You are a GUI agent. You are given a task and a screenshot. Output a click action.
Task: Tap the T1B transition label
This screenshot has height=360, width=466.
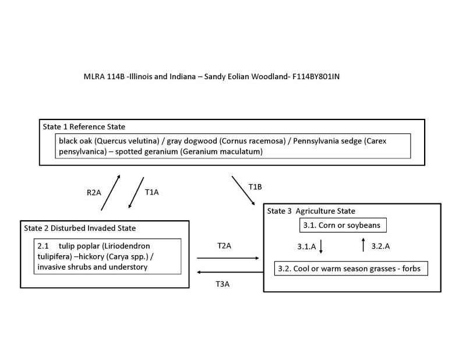tap(256, 186)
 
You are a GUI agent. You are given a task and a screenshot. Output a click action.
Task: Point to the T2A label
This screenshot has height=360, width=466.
tap(224, 246)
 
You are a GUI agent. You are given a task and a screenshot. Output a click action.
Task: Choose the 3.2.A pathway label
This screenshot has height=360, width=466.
tap(380, 246)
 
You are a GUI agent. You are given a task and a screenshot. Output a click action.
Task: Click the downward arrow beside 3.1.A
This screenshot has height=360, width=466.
tap(321, 246)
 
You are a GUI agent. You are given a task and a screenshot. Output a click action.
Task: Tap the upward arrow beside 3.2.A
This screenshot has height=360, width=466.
tap(364, 245)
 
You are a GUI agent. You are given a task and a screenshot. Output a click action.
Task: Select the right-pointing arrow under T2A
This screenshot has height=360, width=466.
tap(228, 257)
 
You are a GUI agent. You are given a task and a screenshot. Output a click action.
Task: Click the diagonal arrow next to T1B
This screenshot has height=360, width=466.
tap(243, 190)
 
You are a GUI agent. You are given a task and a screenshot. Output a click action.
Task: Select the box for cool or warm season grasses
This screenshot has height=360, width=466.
tap(351, 269)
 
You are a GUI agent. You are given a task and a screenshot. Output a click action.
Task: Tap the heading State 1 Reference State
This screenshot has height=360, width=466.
tap(84, 126)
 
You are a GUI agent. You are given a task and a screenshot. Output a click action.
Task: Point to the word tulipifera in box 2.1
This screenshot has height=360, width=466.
tap(54, 256)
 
